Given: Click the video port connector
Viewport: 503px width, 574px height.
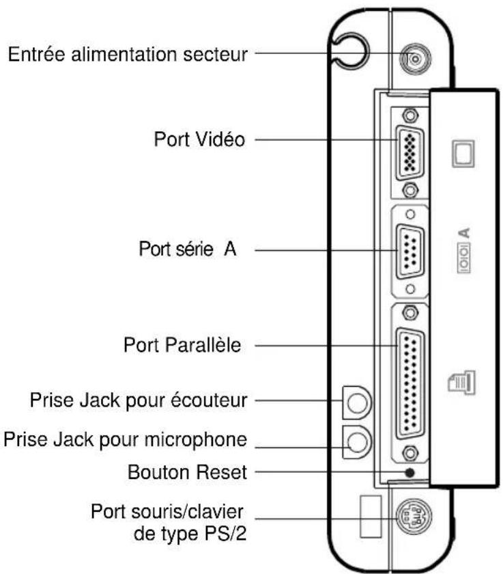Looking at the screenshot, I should click(x=409, y=150).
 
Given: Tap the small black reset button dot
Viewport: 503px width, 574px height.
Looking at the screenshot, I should click(x=409, y=473).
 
